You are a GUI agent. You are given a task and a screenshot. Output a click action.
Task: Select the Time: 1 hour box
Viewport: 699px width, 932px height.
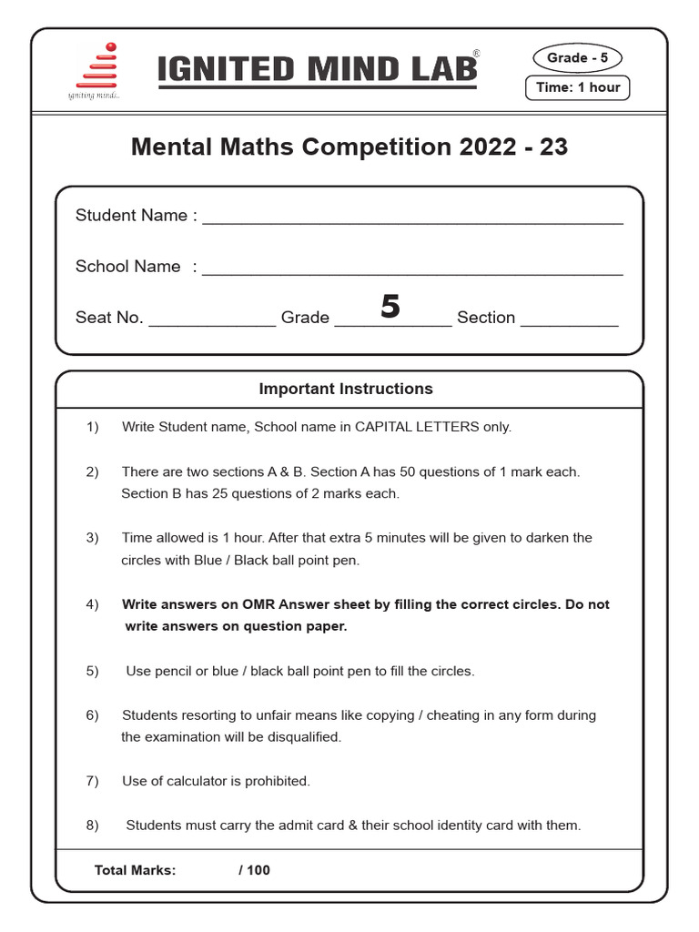577,87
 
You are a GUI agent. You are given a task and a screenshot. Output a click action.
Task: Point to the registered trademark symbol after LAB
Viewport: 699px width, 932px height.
476,55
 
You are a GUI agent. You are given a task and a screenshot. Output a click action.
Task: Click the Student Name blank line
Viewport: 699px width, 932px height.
412,220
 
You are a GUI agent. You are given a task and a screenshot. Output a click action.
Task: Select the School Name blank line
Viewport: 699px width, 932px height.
412,271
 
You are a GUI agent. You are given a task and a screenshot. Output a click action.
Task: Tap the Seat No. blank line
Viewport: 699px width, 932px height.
211,322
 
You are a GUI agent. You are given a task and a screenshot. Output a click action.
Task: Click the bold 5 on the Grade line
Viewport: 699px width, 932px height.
390,307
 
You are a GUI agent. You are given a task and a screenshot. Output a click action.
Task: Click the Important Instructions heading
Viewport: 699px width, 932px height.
346,389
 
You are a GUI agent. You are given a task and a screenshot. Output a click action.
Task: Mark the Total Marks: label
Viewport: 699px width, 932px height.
135,870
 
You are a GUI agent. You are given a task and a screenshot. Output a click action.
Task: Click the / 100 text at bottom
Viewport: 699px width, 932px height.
255,870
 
